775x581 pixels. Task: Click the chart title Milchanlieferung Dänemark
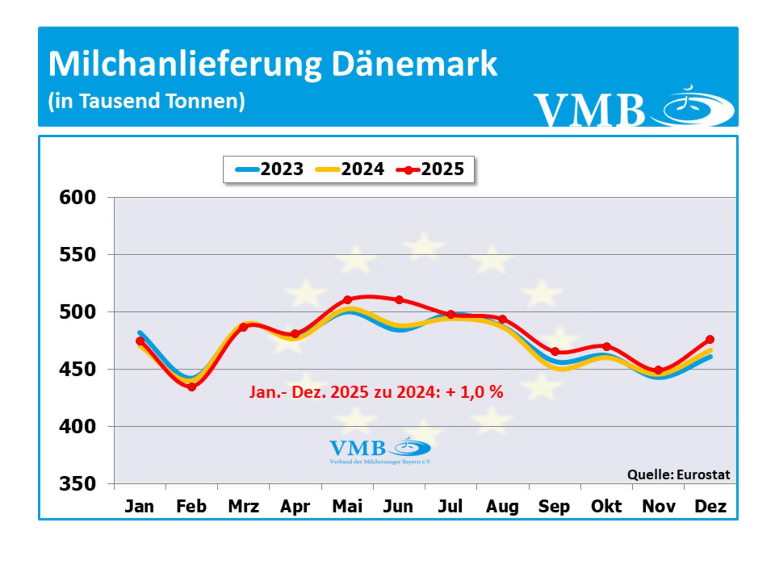point(272,64)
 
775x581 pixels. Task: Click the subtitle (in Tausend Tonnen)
point(146,101)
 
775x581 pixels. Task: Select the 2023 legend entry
point(270,169)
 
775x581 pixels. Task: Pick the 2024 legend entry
point(350,169)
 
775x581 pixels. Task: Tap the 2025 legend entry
point(430,169)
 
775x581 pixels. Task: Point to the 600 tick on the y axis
point(78,197)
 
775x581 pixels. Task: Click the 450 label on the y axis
point(78,369)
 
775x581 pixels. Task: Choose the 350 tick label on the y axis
point(78,484)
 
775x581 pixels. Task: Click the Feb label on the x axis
point(191,506)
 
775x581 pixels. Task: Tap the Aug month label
point(502,506)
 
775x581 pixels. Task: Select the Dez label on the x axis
point(710,506)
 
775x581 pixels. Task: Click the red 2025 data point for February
point(192,387)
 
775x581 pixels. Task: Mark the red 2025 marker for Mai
point(348,300)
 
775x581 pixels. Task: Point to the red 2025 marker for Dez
point(710,339)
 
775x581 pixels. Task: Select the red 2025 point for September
point(555,352)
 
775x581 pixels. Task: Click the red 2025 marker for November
point(658,370)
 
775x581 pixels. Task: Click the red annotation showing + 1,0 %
point(376,392)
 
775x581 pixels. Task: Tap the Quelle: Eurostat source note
point(678,475)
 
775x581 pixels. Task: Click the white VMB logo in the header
point(633,107)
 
